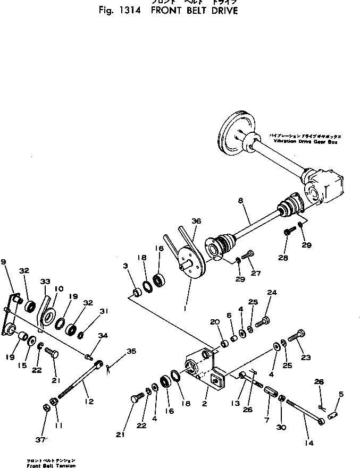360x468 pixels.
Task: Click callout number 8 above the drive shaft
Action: pyautogui.click(x=240, y=201)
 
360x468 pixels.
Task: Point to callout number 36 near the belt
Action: pyautogui.click(x=196, y=221)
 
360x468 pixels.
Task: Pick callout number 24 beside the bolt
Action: pyautogui.click(x=272, y=293)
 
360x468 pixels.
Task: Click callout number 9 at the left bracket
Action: pyautogui.click(x=4, y=262)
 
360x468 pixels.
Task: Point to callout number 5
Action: pyautogui.click(x=341, y=394)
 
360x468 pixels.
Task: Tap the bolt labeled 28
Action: pyautogui.click(x=289, y=232)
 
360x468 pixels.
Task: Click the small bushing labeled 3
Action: pyautogui.click(x=137, y=292)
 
